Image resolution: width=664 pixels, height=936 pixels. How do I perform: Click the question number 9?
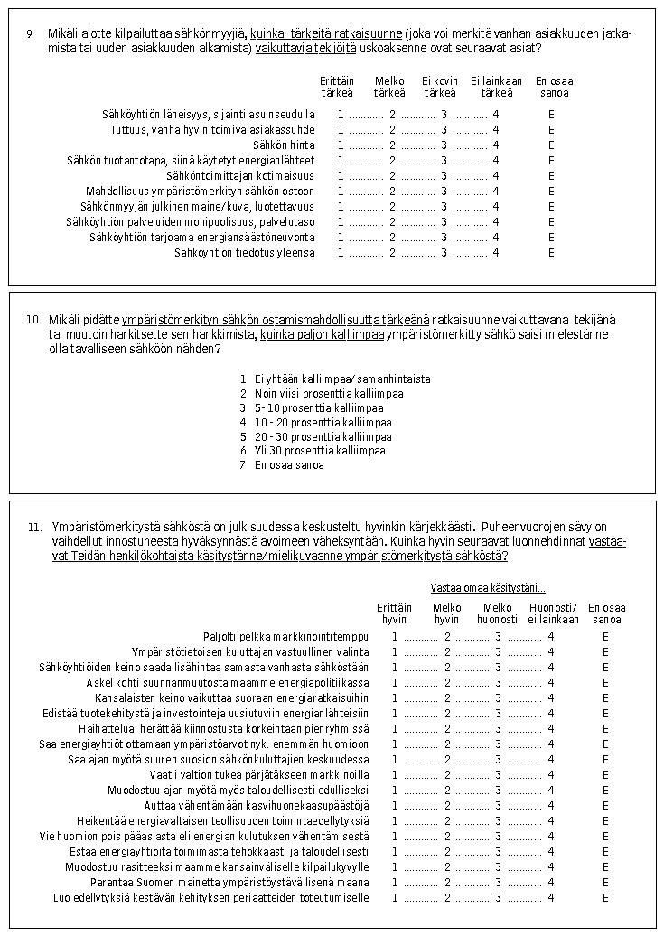[30, 34]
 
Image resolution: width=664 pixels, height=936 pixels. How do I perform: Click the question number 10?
[33, 320]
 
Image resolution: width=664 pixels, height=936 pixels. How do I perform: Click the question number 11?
[33, 527]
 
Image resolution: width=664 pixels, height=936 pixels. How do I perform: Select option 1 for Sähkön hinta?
[341, 145]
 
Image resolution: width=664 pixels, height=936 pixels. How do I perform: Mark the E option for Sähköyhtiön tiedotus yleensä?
[551, 252]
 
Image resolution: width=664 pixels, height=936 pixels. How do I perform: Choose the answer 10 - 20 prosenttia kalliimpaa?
[323, 422]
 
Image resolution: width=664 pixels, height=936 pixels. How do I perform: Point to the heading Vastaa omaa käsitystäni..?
[488, 587]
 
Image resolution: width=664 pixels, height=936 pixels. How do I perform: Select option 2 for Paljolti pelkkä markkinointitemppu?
[447, 637]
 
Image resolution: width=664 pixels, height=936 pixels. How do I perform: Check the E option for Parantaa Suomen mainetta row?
[605, 883]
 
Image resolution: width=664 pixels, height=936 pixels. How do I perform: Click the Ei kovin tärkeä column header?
[440, 87]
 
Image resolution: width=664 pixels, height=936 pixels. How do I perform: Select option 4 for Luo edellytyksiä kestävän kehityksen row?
[551, 898]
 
